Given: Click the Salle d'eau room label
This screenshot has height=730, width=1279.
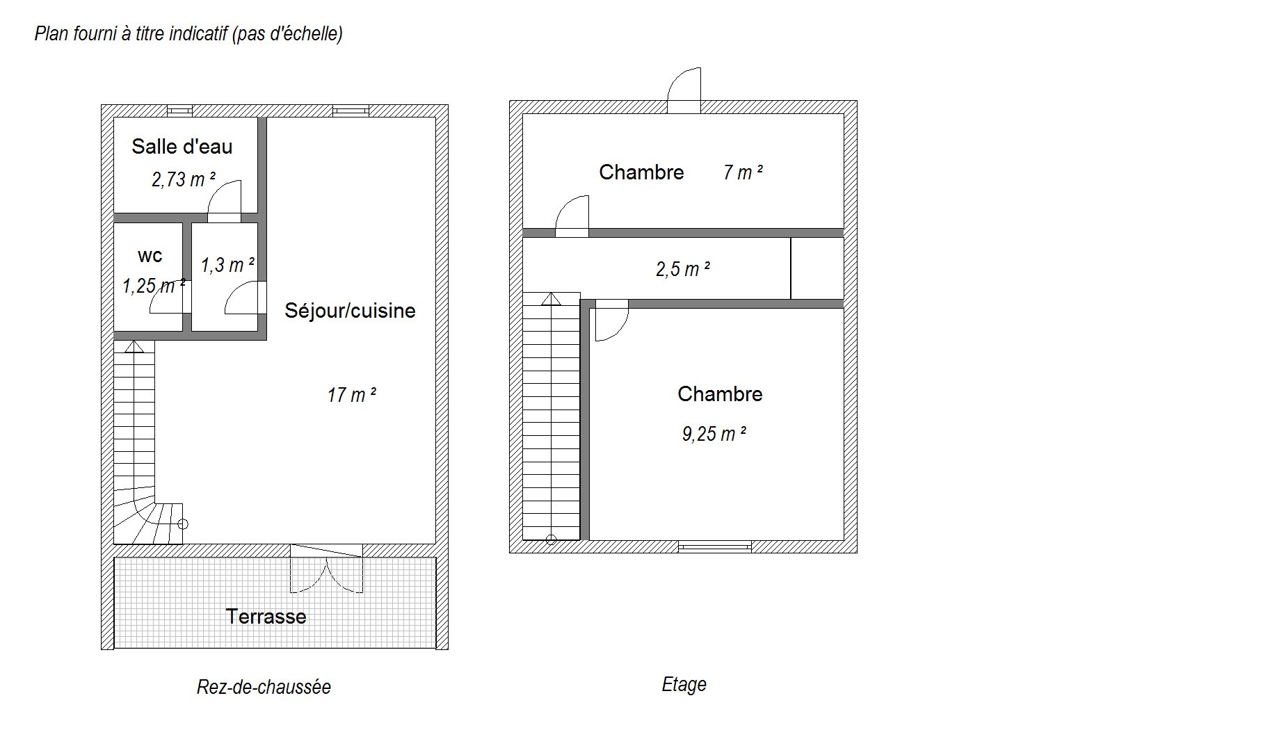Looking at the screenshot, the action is click(x=182, y=147).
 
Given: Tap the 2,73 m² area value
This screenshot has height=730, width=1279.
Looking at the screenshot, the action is click(x=184, y=179).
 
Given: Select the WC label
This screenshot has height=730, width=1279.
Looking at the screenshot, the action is click(x=150, y=256).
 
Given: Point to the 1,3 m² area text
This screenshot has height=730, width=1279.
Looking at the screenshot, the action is click(x=228, y=265).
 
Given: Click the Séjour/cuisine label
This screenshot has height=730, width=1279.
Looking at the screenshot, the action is click(x=350, y=311).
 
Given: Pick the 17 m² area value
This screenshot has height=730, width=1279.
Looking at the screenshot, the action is click(x=352, y=395).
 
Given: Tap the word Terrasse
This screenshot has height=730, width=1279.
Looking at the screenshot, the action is click(x=266, y=617).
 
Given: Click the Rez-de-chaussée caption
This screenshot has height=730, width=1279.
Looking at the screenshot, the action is click(x=264, y=687).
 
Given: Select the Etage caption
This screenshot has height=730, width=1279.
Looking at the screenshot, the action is click(x=684, y=685).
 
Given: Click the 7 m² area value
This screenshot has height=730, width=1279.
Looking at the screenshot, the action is click(x=743, y=172).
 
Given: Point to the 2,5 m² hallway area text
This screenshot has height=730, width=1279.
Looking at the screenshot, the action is click(x=683, y=268).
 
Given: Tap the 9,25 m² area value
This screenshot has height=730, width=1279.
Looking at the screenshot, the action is click(x=714, y=434).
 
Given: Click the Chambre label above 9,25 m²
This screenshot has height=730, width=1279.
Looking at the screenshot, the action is click(x=720, y=394).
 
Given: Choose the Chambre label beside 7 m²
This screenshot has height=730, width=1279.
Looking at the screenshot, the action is click(x=641, y=172).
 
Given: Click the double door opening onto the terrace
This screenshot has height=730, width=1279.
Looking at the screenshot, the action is click(x=326, y=569).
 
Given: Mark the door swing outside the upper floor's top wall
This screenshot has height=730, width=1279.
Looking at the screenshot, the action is click(x=684, y=90).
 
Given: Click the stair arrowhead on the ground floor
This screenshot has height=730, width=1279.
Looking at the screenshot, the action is click(x=134, y=346).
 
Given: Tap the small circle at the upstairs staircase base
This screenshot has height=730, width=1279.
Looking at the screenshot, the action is click(x=551, y=539).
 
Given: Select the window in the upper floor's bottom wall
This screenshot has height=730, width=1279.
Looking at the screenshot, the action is click(x=715, y=546).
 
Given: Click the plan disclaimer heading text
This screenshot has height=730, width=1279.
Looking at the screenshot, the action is click(x=188, y=33).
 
